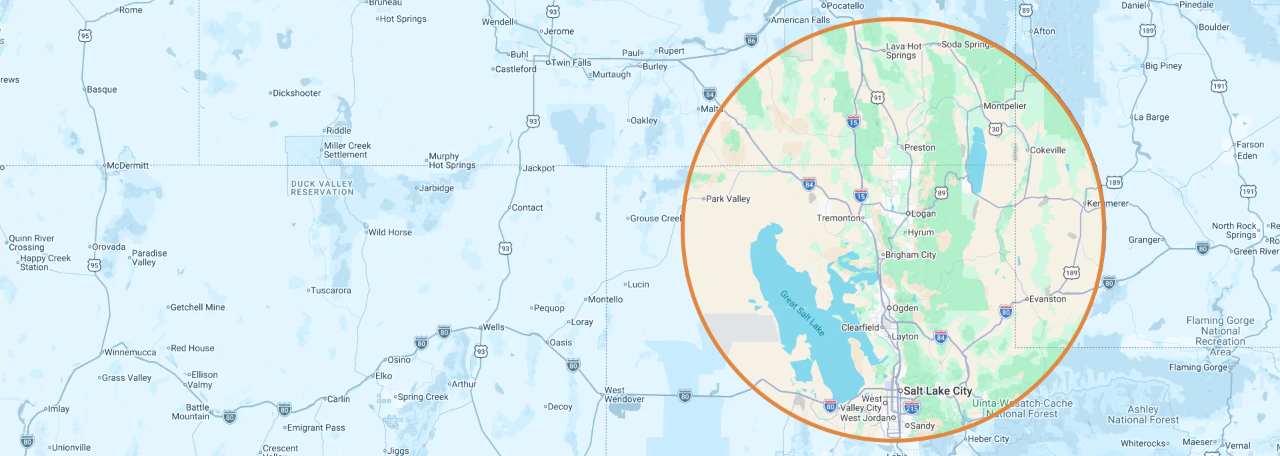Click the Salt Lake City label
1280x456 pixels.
[x=937, y=391]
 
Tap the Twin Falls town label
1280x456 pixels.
[x=571, y=63]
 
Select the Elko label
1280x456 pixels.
[x=383, y=376]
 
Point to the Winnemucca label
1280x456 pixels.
[x=130, y=352]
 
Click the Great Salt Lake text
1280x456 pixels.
[x=803, y=313]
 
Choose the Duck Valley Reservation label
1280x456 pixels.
[x=322, y=188]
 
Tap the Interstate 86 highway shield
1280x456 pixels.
[x=751, y=40]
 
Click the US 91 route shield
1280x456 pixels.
[x=878, y=98]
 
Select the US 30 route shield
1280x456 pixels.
[x=995, y=129]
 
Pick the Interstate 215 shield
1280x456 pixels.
[x=912, y=408]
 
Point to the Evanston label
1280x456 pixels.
[x=1047, y=299]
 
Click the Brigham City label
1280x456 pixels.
[x=910, y=255]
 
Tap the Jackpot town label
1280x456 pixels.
[x=538, y=168]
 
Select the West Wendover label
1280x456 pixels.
[x=624, y=395]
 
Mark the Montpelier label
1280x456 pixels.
[x=1005, y=106]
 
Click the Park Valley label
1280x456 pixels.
[x=727, y=199]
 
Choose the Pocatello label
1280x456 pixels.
[x=845, y=6]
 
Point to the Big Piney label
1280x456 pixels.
[x=1163, y=65]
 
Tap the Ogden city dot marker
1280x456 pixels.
[x=889, y=308]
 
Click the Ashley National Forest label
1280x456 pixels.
[x=1143, y=414]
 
